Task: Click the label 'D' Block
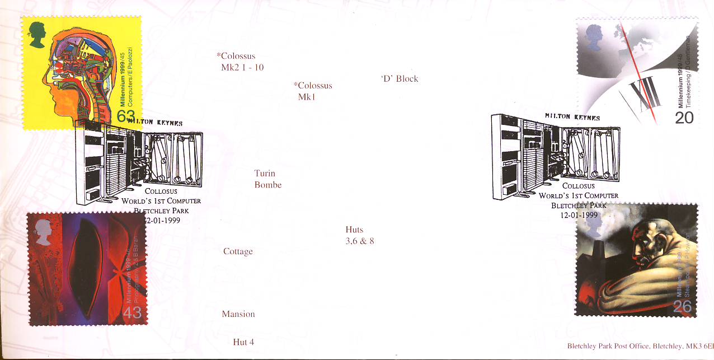coord(399,79)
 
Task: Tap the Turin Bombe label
coord(267,179)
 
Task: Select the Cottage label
coord(238,252)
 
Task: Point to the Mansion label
coord(238,315)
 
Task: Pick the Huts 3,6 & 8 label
coord(360,236)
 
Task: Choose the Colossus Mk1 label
coord(312,91)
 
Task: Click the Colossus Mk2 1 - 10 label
coord(240,62)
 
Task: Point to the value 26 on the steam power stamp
coord(683,306)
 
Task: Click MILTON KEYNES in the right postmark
coord(572,117)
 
